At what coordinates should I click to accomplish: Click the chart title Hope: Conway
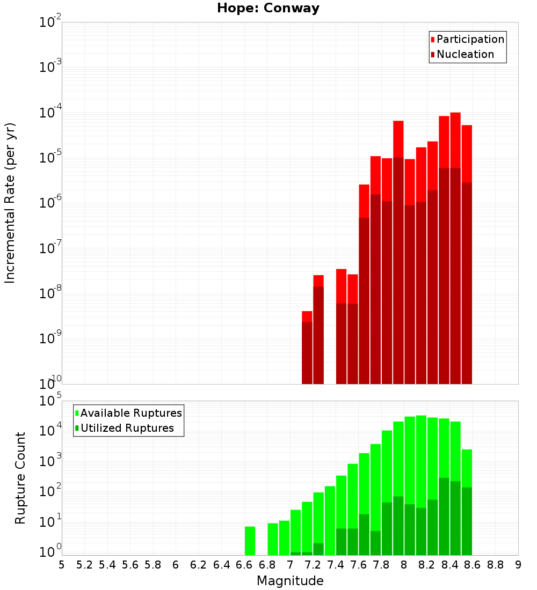pyautogui.click(x=268, y=9)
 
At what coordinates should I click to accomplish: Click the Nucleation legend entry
pyautogui.click(x=465, y=54)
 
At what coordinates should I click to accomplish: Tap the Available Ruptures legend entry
pyautogui.click(x=130, y=413)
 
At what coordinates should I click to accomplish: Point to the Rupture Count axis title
pyautogui.click(x=20, y=478)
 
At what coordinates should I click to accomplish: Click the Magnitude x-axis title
pyautogui.click(x=290, y=581)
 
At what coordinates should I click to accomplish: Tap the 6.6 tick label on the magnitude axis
pyautogui.click(x=244, y=565)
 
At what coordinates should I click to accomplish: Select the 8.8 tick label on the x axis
pyautogui.click(x=496, y=565)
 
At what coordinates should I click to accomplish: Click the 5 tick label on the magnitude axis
pyautogui.click(x=62, y=565)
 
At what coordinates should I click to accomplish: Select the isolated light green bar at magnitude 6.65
pyautogui.click(x=250, y=541)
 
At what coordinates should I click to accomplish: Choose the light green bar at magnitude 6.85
pyautogui.click(x=273, y=539)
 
